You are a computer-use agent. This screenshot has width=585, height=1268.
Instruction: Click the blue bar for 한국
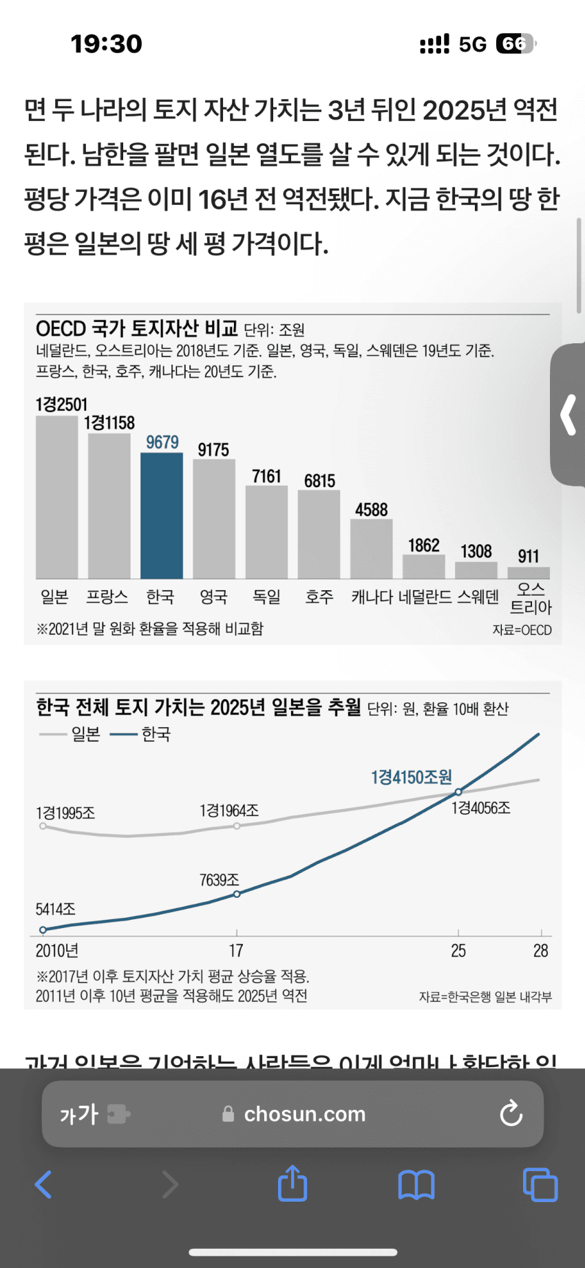(162, 516)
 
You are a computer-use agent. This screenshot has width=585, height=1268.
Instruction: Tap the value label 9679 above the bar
(162, 442)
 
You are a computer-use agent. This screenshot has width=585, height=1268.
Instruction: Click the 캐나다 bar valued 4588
(372, 549)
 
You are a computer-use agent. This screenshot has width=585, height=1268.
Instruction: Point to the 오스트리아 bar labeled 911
(529, 572)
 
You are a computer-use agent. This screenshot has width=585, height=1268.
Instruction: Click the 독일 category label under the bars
(266, 597)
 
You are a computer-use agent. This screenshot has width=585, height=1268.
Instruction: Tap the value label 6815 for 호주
(320, 481)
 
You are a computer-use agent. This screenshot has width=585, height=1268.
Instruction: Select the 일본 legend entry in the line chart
(71, 734)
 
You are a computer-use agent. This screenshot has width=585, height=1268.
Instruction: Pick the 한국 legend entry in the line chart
(141, 734)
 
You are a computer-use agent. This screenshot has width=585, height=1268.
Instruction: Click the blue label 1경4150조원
(412, 777)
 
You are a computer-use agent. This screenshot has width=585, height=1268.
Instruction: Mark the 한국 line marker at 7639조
(237, 894)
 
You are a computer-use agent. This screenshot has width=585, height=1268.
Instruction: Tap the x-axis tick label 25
(458, 951)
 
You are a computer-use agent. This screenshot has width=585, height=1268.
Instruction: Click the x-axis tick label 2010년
(57, 951)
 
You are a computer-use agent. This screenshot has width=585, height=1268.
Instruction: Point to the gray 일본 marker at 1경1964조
(237, 826)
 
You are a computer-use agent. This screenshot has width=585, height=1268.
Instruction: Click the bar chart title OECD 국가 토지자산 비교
(137, 328)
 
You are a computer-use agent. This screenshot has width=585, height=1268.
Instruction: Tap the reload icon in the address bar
(511, 1113)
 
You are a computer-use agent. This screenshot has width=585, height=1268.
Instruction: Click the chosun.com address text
(305, 1114)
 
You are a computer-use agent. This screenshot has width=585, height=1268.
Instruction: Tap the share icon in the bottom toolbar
(292, 1183)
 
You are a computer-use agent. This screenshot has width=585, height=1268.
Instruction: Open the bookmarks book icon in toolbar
(416, 1185)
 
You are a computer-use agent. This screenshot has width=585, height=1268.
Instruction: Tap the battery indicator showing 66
(515, 44)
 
